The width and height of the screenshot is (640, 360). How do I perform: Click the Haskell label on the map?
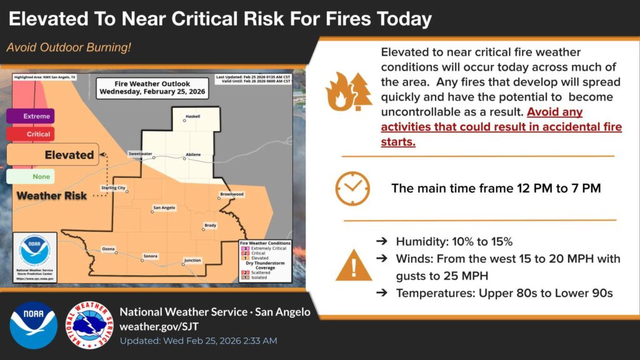(x=192, y=117)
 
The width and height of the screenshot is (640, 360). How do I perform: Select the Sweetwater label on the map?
(x=140, y=153)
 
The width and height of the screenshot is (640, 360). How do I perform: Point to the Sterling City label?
(x=113, y=187)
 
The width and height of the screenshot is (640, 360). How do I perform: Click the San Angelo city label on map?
(x=164, y=207)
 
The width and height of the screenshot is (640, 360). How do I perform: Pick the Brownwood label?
(x=231, y=194)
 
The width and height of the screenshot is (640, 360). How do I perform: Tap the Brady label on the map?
(x=211, y=225)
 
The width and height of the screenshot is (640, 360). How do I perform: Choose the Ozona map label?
(x=108, y=249)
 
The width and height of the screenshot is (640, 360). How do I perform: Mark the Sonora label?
(x=150, y=256)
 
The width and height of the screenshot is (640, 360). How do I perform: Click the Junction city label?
(x=192, y=260)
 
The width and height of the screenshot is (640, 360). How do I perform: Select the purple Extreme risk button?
(x=31, y=116)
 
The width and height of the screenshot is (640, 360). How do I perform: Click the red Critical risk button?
(x=31, y=134)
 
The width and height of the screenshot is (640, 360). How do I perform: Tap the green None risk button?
(x=31, y=177)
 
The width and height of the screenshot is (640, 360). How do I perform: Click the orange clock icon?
(x=352, y=188)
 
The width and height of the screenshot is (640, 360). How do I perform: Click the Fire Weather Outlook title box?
(x=152, y=87)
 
